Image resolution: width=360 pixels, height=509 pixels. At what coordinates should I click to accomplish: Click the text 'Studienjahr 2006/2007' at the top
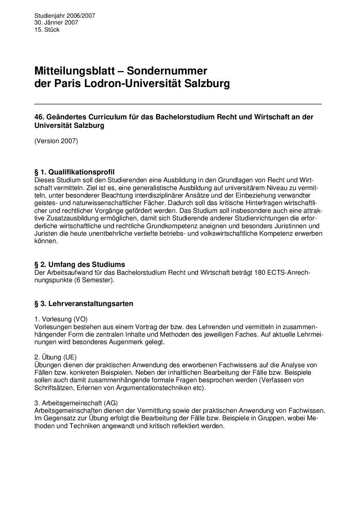point(65,16)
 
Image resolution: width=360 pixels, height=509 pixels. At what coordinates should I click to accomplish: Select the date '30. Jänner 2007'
point(56,23)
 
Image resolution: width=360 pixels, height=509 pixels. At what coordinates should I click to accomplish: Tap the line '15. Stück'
point(47,30)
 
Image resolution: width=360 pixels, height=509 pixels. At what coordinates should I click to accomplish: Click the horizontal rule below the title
point(178,104)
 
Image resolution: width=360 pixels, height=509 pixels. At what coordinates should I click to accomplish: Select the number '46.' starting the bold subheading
point(39,117)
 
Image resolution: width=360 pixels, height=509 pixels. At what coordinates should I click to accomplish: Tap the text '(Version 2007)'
point(56,141)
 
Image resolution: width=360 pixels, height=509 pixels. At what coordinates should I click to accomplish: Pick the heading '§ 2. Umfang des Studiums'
point(80,264)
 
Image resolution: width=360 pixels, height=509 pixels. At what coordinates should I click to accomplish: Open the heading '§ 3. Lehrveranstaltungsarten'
point(84,304)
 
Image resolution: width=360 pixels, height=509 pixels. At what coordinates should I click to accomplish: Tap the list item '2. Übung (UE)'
point(56,357)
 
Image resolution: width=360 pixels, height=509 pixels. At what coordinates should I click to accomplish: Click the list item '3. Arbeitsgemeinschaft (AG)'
point(76,403)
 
